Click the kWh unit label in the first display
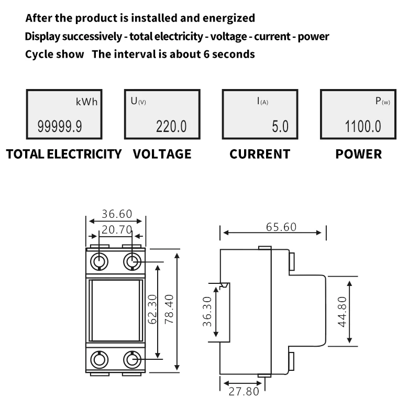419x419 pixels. pos(86,102)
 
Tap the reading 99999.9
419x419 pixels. pos(60,126)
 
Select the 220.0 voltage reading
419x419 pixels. pos(171,126)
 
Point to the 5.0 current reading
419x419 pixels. pos(280,126)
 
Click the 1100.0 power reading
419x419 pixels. pos(363,126)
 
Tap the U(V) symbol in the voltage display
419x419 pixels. pos(138,101)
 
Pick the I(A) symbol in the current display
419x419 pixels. pos(262,101)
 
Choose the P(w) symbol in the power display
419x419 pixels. pos(382,101)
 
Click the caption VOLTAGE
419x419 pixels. pos(162,154)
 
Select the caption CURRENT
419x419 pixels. pos(260,154)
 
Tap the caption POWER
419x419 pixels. pos(359,154)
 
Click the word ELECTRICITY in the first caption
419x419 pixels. pos(84,154)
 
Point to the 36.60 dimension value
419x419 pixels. pos(117,214)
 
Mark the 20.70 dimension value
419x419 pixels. pos(117,229)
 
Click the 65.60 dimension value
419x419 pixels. pos(281,227)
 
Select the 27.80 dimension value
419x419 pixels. pos(244,391)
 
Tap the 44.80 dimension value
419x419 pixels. pos(342,312)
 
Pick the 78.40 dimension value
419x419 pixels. pos(169,309)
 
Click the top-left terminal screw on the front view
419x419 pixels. pos(99,261)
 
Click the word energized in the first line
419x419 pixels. pos(229,18)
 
